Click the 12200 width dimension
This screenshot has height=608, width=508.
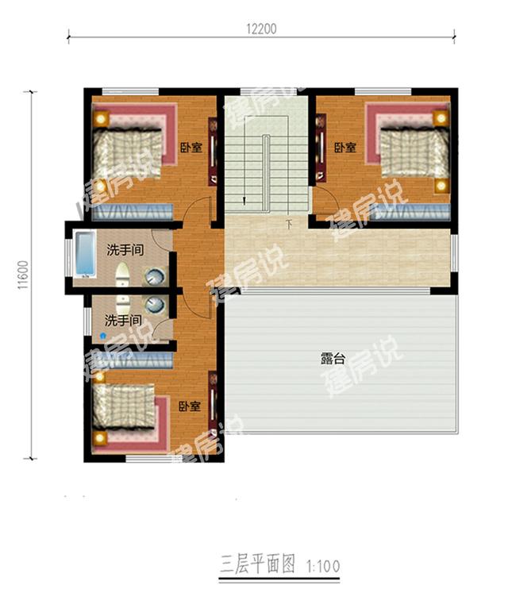(x=260, y=29)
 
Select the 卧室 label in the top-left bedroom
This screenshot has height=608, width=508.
(x=190, y=148)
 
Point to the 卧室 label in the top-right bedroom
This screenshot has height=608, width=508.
(x=344, y=148)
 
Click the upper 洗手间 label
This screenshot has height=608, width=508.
(x=125, y=250)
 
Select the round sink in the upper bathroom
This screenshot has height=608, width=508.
(x=155, y=277)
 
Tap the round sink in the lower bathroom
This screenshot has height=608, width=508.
(x=156, y=305)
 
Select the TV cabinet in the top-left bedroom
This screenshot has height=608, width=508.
(x=213, y=151)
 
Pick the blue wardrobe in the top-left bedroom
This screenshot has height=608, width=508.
(x=132, y=211)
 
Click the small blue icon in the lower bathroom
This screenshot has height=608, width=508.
(x=102, y=336)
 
